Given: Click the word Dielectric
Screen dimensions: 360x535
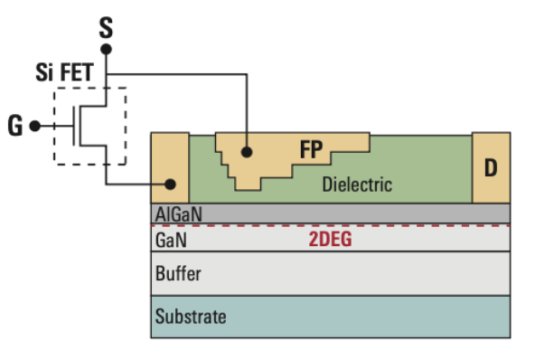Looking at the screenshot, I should pyautogui.click(x=357, y=185).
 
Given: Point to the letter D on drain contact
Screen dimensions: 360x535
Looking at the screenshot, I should pyautogui.click(x=491, y=168).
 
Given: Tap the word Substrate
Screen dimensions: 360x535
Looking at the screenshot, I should pyautogui.click(x=191, y=317).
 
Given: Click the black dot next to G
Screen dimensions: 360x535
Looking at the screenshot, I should pyautogui.click(x=35, y=126).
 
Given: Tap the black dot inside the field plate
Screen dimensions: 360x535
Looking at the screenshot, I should pyautogui.click(x=246, y=153).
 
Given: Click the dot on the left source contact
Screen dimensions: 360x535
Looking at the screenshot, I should pyautogui.click(x=169, y=185).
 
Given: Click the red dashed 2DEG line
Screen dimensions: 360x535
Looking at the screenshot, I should pyautogui.click(x=407, y=225).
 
